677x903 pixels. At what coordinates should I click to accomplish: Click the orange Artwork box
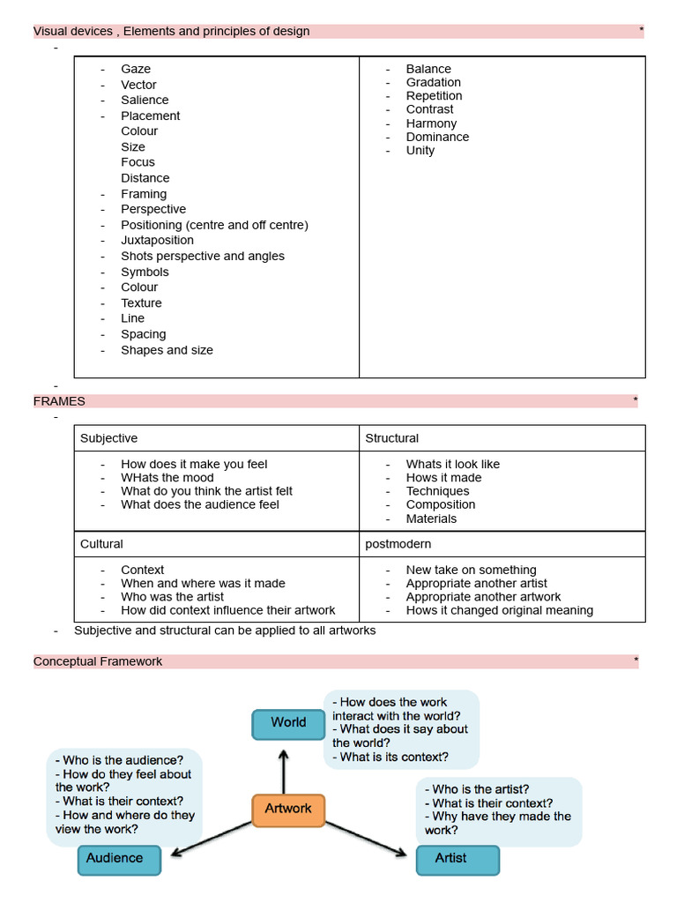(288, 809)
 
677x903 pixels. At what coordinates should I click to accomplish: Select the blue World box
(288, 723)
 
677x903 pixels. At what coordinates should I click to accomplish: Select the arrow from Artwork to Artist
(366, 839)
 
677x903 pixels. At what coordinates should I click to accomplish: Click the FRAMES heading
(59, 401)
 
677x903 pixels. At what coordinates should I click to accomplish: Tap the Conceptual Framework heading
(98, 661)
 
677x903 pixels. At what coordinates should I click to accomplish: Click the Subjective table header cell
(109, 438)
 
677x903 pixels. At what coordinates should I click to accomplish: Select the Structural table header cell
(392, 438)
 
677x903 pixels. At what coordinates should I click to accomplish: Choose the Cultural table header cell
(102, 544)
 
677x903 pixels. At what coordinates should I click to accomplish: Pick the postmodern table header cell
(398, 544)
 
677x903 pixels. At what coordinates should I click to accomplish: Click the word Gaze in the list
(136, 69)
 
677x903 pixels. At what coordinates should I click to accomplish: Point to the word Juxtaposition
(157, 240)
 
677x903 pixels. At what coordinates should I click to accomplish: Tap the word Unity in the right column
(420, 150)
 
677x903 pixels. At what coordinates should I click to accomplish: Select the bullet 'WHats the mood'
(167, 478)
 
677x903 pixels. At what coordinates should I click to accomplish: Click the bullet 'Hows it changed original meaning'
(499, 610)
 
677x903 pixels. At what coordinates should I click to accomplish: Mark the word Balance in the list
(428, 69)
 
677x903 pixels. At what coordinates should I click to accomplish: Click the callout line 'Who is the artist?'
(480, 789)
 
